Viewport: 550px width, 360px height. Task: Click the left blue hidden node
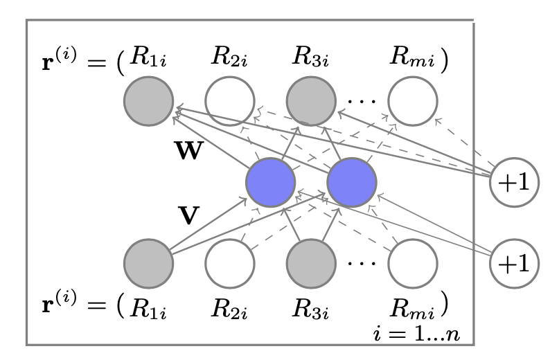click(x=271, y=183)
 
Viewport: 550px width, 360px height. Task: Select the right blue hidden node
click(x=352, y=183)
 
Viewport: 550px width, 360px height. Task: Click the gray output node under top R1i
click(x=148, y=102)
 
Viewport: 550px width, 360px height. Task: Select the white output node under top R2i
click(x=229, y=102)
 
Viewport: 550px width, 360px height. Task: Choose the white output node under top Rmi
click(x=413, y=102)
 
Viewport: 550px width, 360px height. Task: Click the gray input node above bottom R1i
click(x=148, y=264)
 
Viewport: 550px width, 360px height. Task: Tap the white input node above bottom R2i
click(x=229, y=264)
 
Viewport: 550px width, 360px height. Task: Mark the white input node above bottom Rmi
click(x=413, y=264)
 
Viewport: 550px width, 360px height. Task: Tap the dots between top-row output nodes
click(x=360, y=101)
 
